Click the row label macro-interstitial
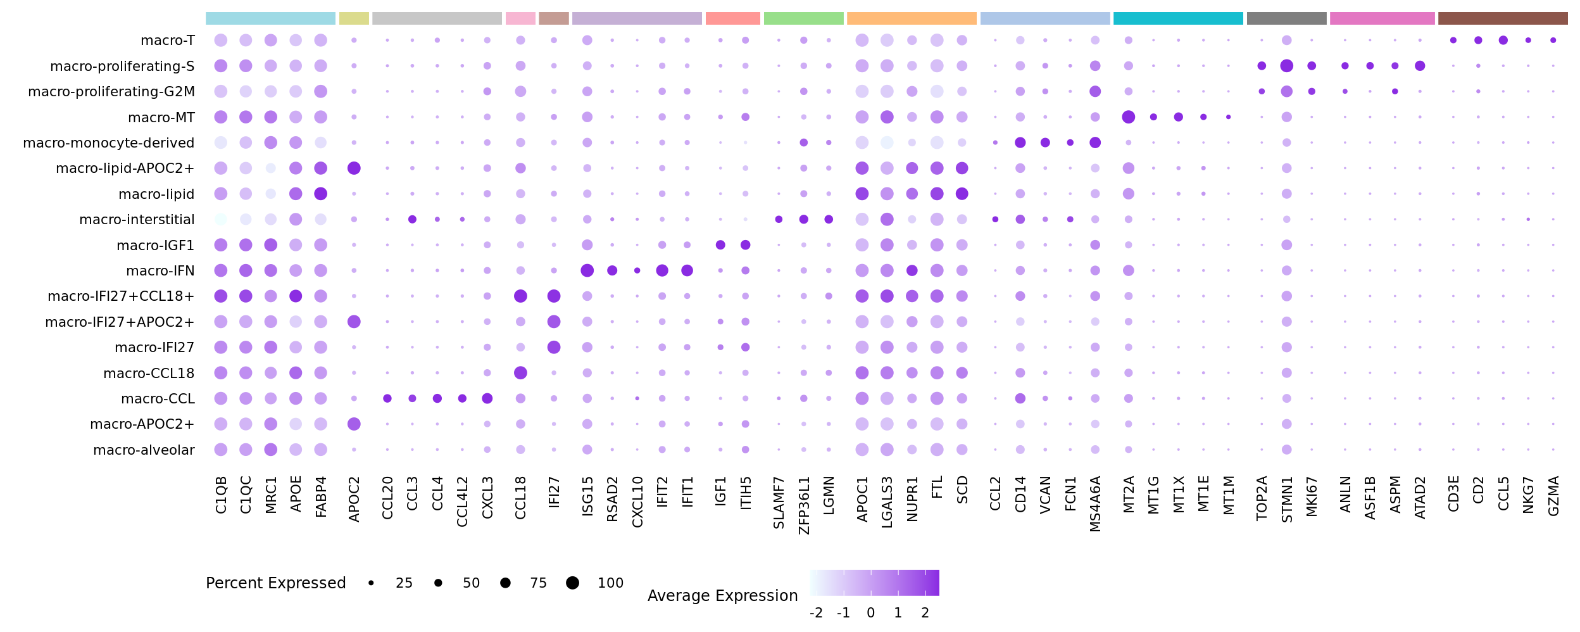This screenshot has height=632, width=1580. point(137,220)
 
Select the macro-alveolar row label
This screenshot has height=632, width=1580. point(144,450)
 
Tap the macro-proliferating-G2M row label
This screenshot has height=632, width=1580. point(111,92)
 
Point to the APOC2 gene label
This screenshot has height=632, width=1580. point(354,500)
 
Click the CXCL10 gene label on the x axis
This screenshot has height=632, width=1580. point(637,502)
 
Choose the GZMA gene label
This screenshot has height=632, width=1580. point(1553,496)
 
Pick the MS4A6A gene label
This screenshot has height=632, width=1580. point(1096,504)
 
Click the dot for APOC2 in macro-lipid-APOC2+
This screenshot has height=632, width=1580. point(354,168)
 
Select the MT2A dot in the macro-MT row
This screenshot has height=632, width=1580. point(1128,117)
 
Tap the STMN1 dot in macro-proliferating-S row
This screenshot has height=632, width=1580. point(1286,66)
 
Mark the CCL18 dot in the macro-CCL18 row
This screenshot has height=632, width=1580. point(520,373)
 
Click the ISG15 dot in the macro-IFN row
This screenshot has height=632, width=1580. point(587,271)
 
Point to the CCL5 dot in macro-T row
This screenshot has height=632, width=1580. point(1503,41)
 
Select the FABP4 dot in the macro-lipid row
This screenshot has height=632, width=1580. point(321,194)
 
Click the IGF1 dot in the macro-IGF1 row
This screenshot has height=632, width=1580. point(720,245)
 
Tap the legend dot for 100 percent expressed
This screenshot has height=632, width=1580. point(572,583)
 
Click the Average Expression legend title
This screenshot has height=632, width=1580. point(722,596)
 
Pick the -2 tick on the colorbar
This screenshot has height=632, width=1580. point(816,613)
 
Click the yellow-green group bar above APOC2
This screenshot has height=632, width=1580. point(354,18)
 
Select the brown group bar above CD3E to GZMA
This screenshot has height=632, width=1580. point(1503,18)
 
